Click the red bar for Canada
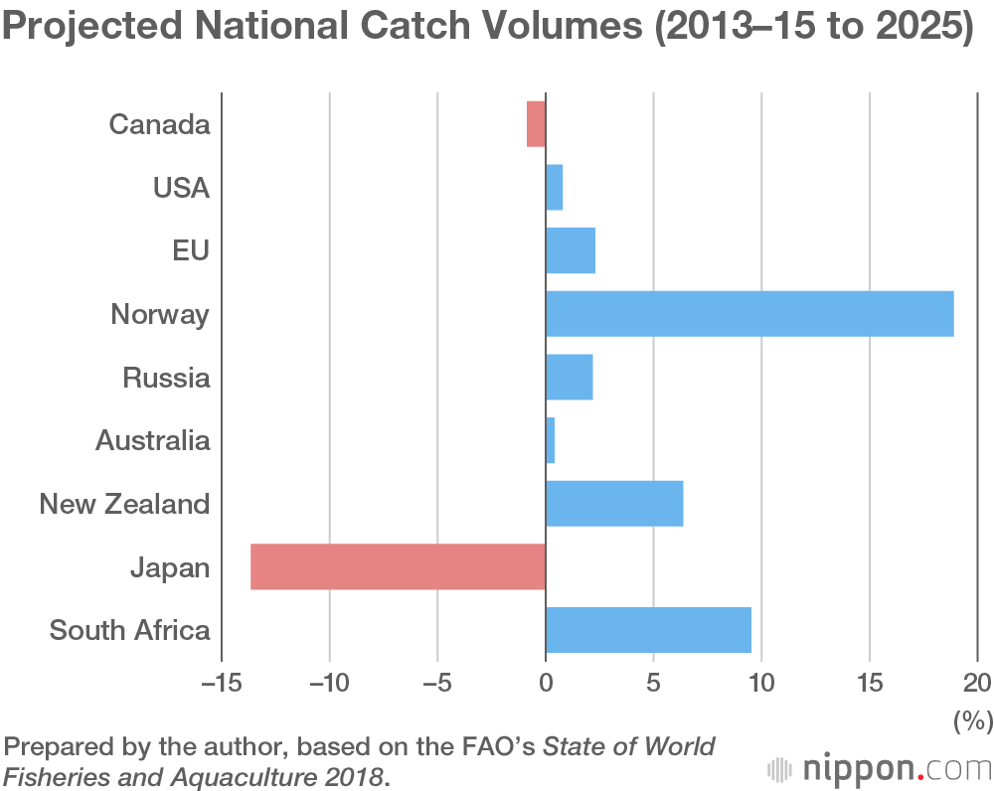[x=536, y=124]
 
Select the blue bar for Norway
[x=749, y=314]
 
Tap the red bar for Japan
[x=398, y=566]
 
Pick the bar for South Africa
[x=648, y=630]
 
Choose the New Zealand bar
[x=614, y=504]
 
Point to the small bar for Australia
[x=550, y=440]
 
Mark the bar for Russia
[x=570, y=378]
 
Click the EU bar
[x=571, y=250]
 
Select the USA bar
[x=555, y=188]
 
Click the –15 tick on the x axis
[x=221, y=684]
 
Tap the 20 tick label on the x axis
[x=977, y=684]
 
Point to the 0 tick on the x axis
[x=546, y=684]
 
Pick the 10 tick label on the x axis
[x=761, y=684]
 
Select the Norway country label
[x=160, y=315]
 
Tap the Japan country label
[x=170, y=567]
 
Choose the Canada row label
[x=159, y=125]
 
